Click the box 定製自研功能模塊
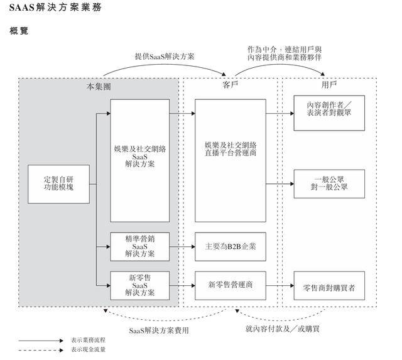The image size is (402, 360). (x=58, y=184)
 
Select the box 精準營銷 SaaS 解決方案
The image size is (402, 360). (x=139, y=247)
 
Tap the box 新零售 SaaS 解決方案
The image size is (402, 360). (x=139, y=285)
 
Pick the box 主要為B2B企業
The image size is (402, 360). (x=231, y=247)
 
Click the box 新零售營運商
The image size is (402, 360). (x=231, y=285)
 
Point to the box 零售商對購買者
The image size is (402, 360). (x=329, y=285)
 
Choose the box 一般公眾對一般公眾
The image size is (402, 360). (x=329, y=184)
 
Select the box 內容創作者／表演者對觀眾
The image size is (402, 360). (x=329, y=113)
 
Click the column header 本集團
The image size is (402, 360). (x=99, y=87)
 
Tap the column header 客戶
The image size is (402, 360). (x=230, y=85)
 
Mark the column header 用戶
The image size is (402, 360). (x=329, y=85)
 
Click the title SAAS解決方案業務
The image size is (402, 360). (x=55, y=7)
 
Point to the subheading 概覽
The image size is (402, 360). (x=19, y=31)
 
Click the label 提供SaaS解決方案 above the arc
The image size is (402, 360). (x=165, y=57)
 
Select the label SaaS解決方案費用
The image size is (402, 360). (x=159, y=330)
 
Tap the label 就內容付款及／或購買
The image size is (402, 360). (x=282, y=329)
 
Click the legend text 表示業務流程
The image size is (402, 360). (x=88, y=341)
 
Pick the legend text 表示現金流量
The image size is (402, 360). (x=88, y=349)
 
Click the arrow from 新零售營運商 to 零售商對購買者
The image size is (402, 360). (x=280, y=285)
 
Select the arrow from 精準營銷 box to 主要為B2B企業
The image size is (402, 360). (x=182, y=247)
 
